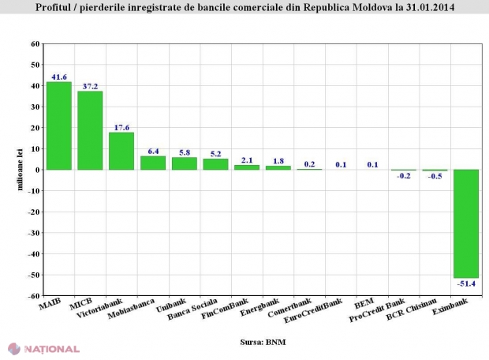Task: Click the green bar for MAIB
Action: point(59,126)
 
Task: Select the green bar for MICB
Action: point(90,130)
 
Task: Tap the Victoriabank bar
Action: point(121,151)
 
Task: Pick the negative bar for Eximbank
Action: point(465,223)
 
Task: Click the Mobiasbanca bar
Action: point(152,163)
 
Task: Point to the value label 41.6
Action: point(60,76)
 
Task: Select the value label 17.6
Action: point(121,126)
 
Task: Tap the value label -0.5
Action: point(435,177)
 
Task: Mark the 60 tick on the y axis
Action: point(35,43)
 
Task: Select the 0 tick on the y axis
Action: point(37,170)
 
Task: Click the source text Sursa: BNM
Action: point(261,343)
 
